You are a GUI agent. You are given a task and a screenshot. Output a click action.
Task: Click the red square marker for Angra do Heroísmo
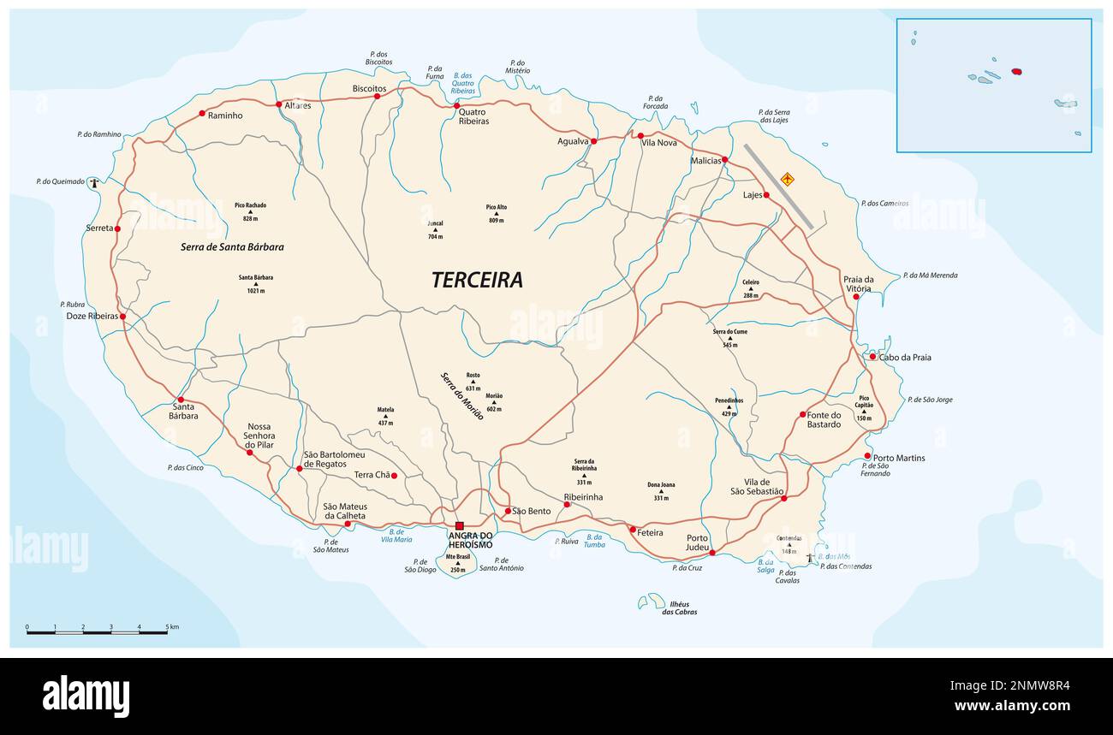(459, 525)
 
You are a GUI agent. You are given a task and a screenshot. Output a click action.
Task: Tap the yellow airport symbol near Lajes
(787, 179)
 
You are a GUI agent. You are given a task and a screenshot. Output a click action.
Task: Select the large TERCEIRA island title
(477, 280)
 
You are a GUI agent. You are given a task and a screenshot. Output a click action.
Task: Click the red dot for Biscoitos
(377, 96)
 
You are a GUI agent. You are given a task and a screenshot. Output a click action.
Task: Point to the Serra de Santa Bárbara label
(232, 246)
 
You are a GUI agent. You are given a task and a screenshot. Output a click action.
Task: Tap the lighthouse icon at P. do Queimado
(95, 181)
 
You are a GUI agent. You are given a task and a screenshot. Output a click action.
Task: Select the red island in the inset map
(1017, 72)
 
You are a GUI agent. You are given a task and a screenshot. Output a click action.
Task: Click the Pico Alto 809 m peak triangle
(497, 214)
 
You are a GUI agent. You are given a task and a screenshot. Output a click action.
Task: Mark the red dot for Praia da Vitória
(855, 297)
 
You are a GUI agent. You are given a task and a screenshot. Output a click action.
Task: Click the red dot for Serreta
(117, 228)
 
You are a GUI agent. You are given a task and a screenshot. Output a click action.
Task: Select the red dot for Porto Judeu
(712, 553)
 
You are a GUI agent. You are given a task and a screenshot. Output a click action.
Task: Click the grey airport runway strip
(777, 186)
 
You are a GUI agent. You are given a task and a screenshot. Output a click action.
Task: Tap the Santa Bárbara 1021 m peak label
(256, 282)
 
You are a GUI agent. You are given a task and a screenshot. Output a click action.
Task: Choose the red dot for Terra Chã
(394, 476)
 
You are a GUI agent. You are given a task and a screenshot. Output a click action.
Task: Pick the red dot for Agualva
(593, 140)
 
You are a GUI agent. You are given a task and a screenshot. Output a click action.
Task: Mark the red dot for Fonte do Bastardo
(802, 414)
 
